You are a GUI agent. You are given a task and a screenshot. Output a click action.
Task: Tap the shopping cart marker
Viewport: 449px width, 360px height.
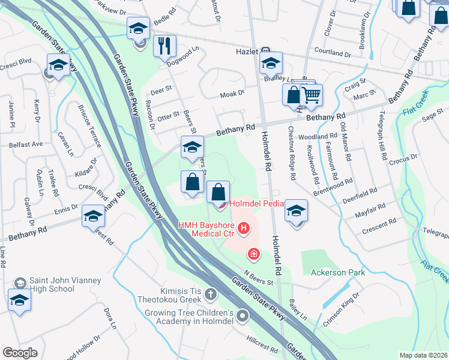coord(311,95)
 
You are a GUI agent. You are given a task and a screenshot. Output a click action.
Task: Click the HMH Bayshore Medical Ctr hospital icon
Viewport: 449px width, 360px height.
coord(244,228)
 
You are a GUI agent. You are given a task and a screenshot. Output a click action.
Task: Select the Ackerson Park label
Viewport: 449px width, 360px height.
coord(338,272)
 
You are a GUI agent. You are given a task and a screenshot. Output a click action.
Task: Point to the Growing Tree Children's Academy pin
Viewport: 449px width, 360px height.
coord(243,315)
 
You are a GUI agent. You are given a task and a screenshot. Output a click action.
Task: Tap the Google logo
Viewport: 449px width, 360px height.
coord(20,353)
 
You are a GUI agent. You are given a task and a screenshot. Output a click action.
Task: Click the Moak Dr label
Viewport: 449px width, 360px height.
coord(232,93)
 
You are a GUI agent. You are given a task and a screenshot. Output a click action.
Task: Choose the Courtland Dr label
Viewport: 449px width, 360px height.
coord(331,52)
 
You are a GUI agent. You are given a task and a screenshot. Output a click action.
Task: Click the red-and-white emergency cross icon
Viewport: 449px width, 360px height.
coord(254,255)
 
